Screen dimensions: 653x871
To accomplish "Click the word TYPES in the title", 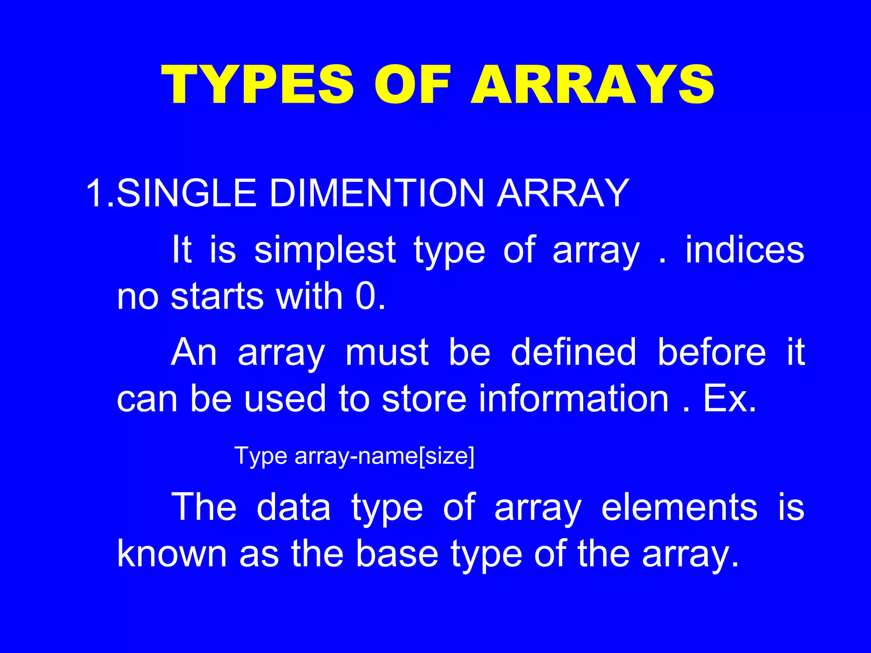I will (x=257, y=85).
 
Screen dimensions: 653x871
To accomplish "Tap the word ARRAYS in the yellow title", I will (x=593, y=85).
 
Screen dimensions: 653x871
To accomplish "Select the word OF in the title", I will (x=412, y=85).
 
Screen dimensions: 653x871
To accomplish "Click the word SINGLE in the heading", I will (x=186, y=193).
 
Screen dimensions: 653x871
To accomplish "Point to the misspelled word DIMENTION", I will (x=376, y=193).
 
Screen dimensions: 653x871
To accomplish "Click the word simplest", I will (x=325, y=251).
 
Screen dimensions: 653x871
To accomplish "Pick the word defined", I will (x=573, y=352).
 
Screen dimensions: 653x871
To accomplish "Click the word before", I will (x=711, y=352).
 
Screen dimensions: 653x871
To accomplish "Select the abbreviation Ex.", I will (x=729, y=399).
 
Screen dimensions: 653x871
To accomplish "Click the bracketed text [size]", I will (x=447, y=456).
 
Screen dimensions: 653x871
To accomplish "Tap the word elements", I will (x=679, y=507).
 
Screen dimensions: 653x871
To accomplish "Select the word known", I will (x=172, y=554).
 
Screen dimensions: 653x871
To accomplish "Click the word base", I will (x=396, y=554).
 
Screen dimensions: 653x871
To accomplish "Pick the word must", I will (x=387, y=352).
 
